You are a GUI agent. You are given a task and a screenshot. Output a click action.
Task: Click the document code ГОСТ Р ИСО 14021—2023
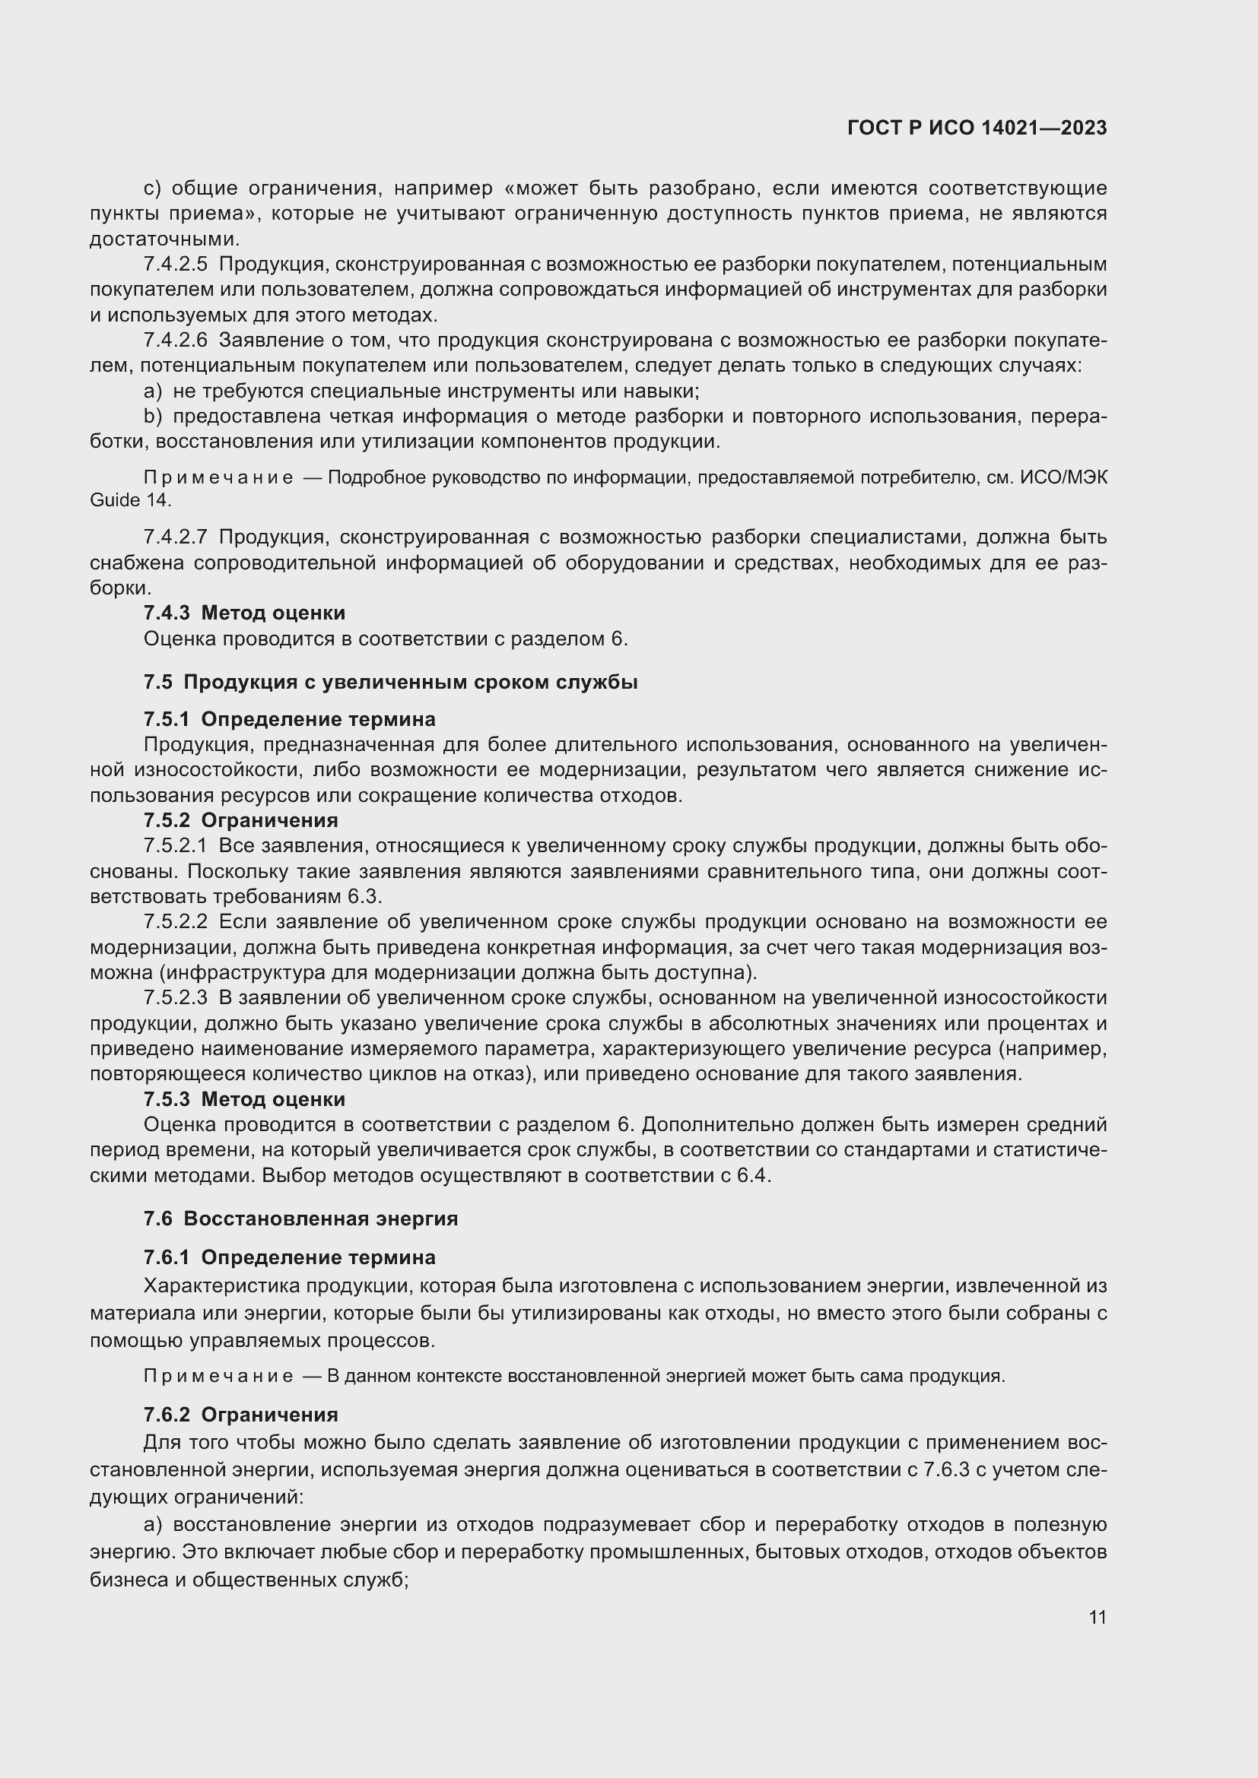(x=977, y=128)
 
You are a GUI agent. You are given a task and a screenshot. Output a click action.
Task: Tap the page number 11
(x=1097, y=1618)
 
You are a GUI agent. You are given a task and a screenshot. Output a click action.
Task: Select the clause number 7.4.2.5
(x=176, y=265)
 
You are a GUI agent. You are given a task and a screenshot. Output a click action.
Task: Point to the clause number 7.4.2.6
(x=176, y=340)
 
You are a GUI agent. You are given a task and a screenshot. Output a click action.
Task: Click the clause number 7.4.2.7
(x=176, y=537)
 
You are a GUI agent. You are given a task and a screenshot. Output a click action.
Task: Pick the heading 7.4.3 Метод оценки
(x=244, y=613)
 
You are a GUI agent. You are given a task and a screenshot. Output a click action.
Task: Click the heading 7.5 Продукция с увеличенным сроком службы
(x=390, y=682)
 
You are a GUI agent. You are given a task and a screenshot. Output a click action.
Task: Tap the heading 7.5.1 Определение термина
(x=289, y=719)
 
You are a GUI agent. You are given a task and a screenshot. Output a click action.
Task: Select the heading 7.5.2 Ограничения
(x=241, y=820)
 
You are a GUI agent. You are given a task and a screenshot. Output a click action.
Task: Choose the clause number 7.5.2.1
(x=176, y=846)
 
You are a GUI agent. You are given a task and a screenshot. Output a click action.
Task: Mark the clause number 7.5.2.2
(x=176, y=921)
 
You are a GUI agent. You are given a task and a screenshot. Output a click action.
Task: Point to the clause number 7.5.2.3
(x=176, y=997)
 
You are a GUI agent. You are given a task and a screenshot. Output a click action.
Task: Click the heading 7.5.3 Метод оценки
(x=244, y=1100)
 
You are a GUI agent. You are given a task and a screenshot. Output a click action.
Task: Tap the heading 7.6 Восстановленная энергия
(x=300, y=1219)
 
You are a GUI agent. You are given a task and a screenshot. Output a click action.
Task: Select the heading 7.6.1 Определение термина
(x=289, y=1257)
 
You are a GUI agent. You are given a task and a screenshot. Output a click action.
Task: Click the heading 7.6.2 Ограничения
(x=241, y=1415)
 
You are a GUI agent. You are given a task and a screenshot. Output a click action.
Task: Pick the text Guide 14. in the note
(x=130, y=500)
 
